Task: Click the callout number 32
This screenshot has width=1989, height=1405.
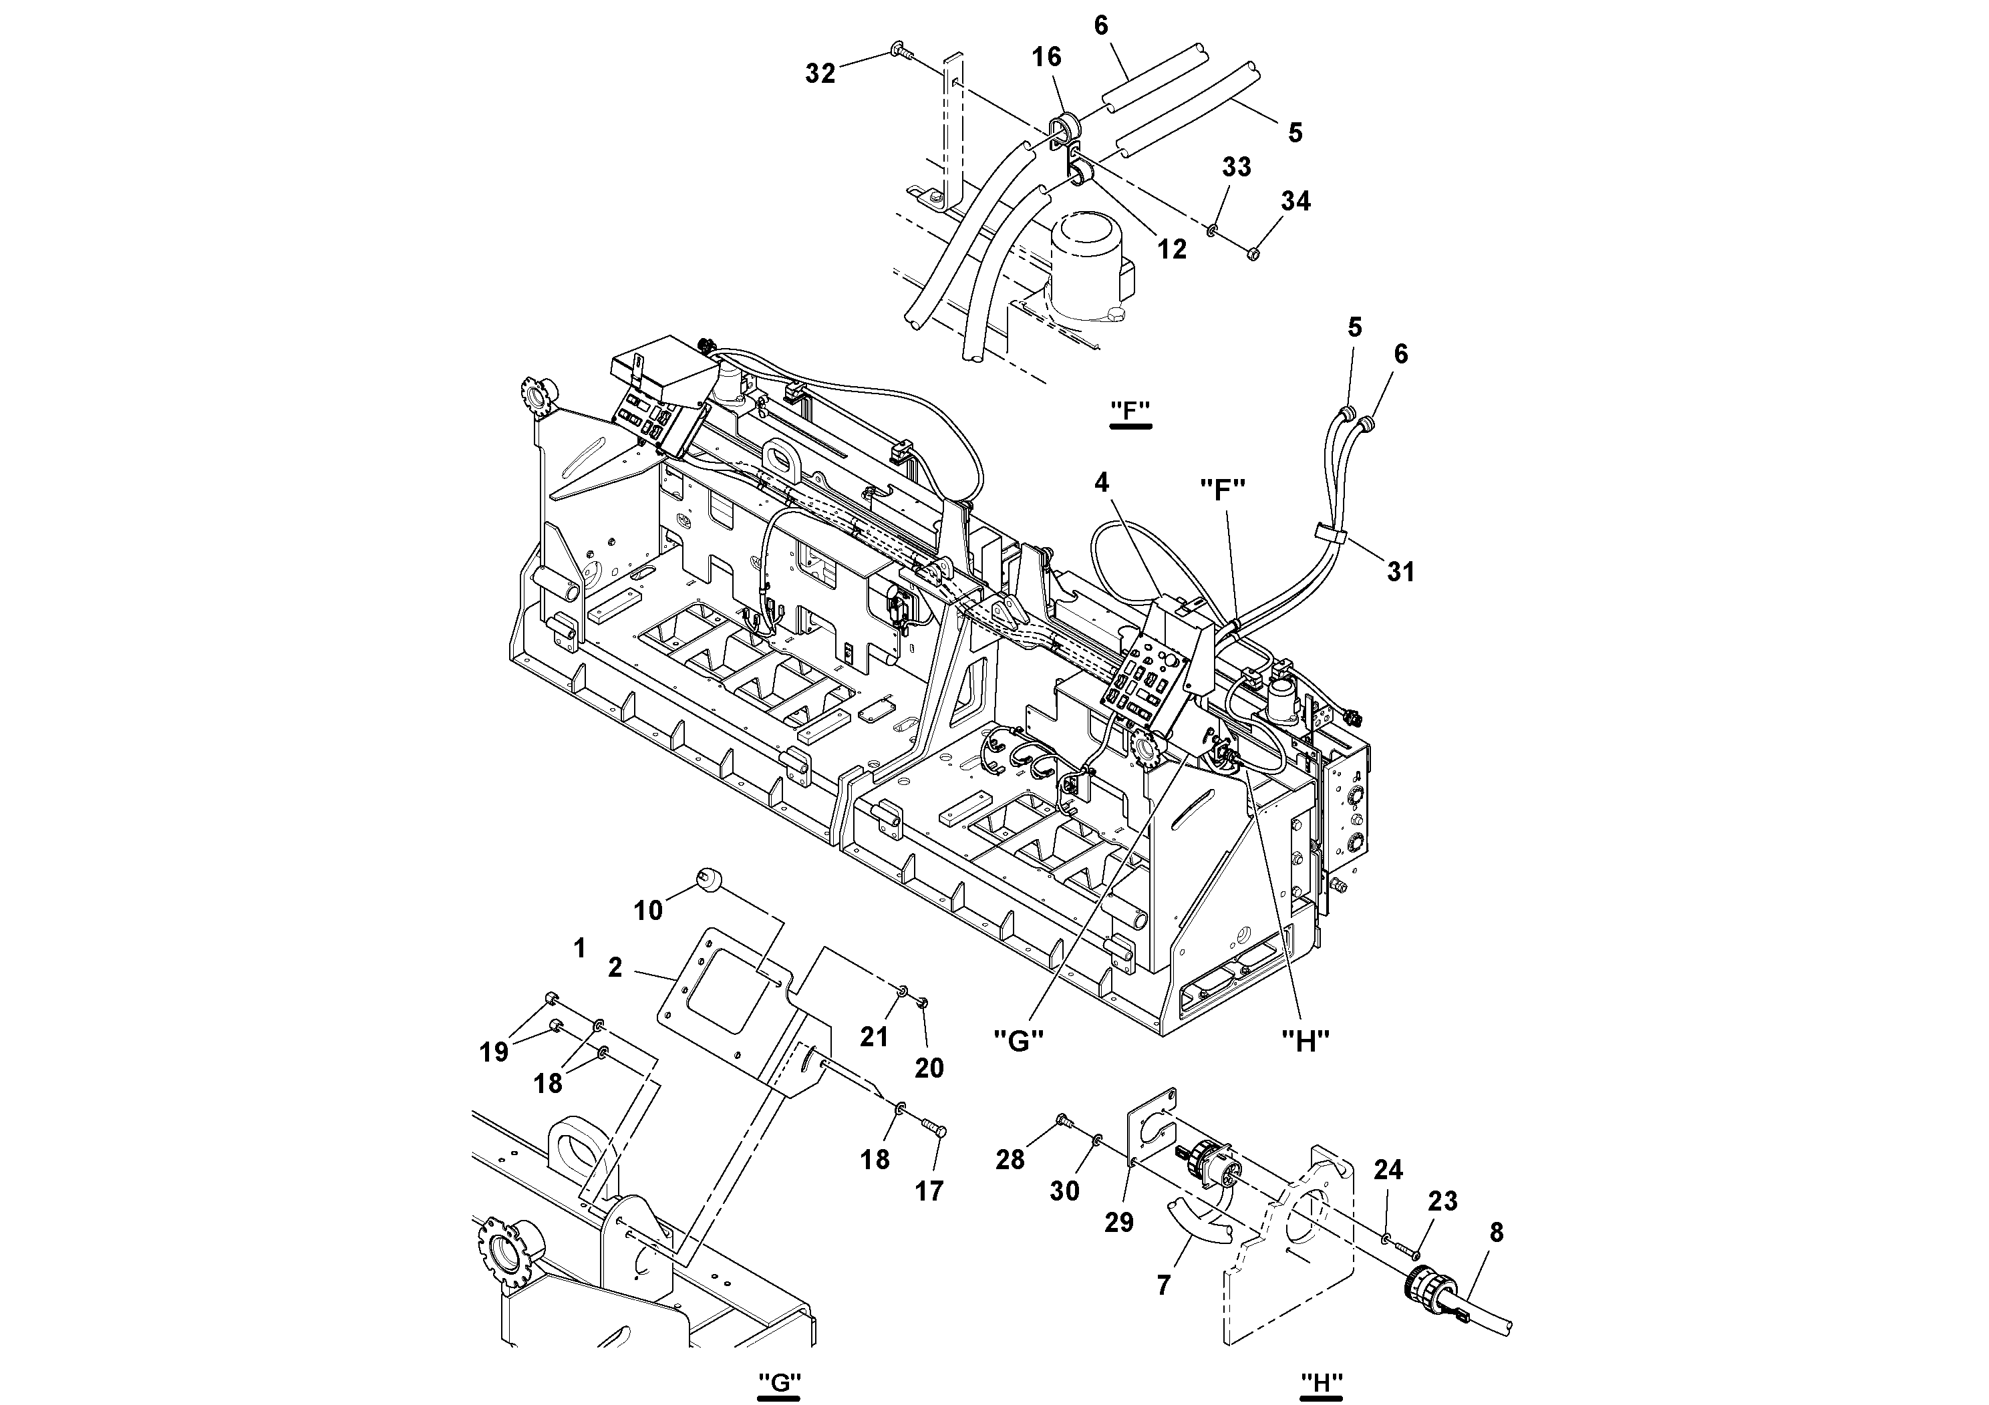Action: point(820,73)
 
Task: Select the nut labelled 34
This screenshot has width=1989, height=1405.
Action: point(1253,254)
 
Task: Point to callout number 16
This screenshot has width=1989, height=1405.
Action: point(1046,57)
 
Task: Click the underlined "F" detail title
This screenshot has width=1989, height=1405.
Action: point(1130,411)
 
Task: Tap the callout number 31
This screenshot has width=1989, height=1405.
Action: point(1401,572)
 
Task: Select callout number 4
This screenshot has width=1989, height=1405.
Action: point(1101,482)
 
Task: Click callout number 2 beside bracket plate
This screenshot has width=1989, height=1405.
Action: point(615,967)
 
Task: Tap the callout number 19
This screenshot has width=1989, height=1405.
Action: point(494,1052)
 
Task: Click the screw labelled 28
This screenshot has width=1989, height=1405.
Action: point(1063,1124)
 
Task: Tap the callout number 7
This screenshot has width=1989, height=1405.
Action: point(1163,1285)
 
